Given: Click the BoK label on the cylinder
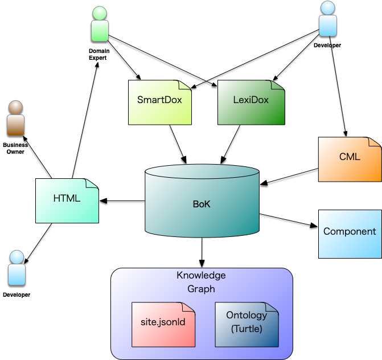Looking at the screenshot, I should [x=202, y=204].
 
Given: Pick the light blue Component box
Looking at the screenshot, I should [x=350, y=232].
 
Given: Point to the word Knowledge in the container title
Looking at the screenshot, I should [x=201, y=276].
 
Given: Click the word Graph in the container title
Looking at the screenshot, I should [x=201, y=289].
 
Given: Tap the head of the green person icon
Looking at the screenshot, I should [x=100, y=13].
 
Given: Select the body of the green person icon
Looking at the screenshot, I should [x=100, y=31].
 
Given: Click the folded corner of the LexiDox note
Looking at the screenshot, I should [x=278, y=85].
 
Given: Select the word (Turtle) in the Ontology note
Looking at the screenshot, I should [x=247, y=329].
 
